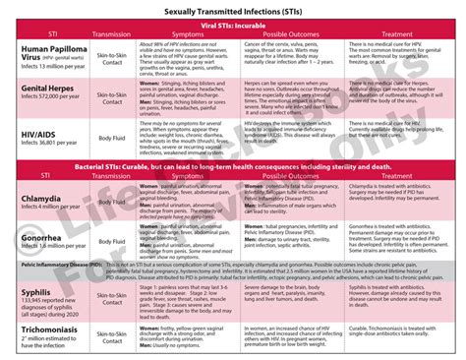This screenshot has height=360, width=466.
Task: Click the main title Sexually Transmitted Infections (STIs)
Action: pos(233,10)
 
